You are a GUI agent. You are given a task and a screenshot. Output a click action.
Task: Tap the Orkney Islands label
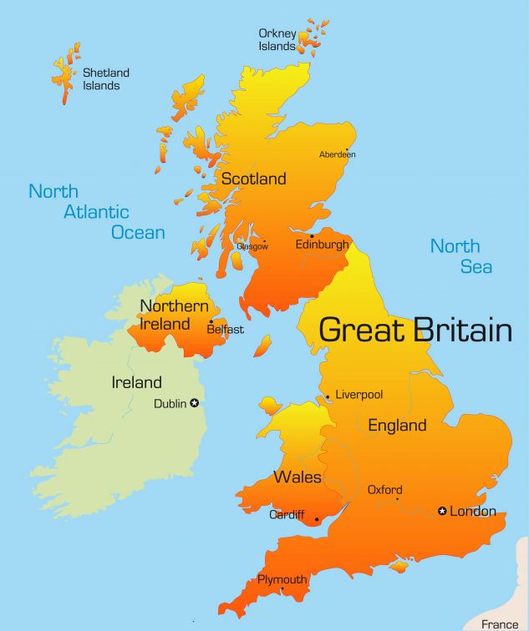277,40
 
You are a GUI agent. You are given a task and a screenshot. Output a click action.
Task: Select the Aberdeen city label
337,154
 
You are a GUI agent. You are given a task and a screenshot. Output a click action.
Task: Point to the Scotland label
253,179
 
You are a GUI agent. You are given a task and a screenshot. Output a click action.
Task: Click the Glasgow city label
252,246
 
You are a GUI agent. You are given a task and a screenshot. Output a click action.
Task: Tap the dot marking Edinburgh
312,235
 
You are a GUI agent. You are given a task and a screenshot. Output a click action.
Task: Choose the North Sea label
460,256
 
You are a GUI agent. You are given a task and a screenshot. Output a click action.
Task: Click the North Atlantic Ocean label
96,212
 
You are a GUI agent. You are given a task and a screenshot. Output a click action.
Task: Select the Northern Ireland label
174,315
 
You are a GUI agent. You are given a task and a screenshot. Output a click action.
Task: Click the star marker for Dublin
195,403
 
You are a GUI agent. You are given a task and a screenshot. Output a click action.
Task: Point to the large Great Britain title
415,330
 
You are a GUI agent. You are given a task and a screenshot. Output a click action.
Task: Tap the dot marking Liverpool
328,396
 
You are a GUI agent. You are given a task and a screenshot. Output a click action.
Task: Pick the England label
397,425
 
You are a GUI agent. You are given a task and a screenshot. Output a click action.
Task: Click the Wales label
298,477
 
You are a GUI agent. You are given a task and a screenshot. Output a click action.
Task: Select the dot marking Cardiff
317,520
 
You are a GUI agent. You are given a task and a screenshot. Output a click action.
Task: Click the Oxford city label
384,490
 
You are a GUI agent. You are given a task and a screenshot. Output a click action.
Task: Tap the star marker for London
443,511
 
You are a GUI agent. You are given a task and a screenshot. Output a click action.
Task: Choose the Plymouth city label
282,579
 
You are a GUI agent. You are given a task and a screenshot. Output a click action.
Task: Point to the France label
501,623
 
